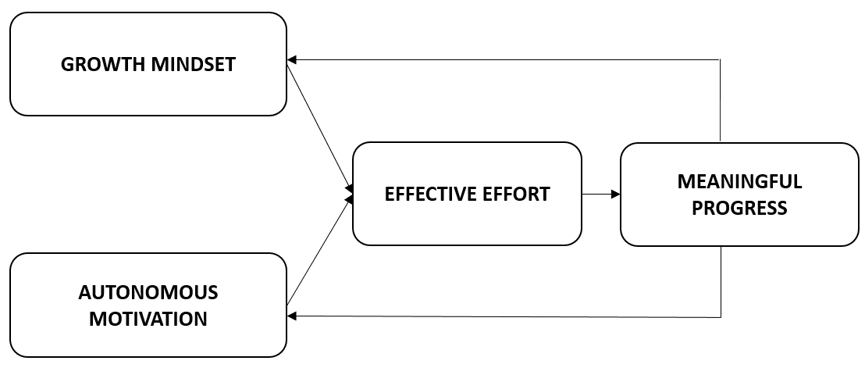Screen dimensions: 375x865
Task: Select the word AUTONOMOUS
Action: pyautogui.click(x=148, y=293)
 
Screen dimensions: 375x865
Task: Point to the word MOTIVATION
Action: pyautogui.click(x=148, y=319)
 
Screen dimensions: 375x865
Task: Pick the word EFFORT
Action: pyautogui.click(x=511, y=194)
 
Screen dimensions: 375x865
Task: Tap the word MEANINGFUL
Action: pyautogui.click(x=739, y=182)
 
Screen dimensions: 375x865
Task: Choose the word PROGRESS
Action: pyautogui.click(x=739, y=209)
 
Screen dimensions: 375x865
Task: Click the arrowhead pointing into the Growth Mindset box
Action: pyautogui.click(x=292, y=60)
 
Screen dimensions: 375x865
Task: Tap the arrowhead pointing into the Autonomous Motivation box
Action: pyautogui.click(x=292, y=316)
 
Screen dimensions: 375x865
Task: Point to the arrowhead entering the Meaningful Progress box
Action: pyautogui.click(x=616, y=194)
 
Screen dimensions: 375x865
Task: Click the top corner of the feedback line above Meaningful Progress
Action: pyautogui.click(x=720, y=60)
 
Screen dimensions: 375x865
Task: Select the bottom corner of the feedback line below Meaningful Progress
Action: pyautogui.click(x=720, y=317)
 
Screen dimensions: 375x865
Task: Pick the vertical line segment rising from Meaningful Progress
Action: pyautogui.click(x=720, y=102)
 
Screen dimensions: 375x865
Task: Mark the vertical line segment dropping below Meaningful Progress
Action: pyautogui.click(x=720, y=281)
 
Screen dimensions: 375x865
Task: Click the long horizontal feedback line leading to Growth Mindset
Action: pyautogui.click(x=507, y=60)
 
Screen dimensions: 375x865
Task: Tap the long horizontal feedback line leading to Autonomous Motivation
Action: pyautogui.click(x=507, y=316)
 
